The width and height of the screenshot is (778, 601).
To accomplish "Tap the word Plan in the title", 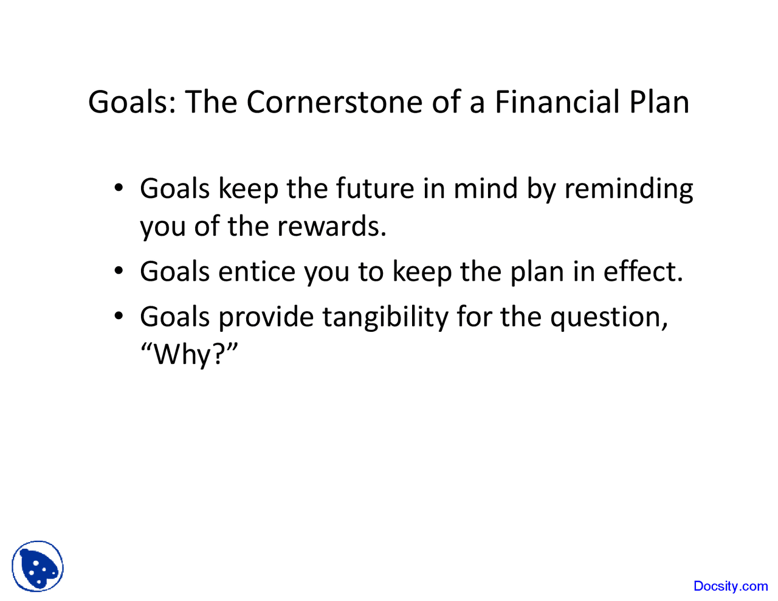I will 659,101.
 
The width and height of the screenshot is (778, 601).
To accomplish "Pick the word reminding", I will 628,190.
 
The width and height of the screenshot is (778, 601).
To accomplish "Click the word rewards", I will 331,227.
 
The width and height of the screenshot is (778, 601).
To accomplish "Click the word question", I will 608,317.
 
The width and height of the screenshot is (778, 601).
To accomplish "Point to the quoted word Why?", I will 189,354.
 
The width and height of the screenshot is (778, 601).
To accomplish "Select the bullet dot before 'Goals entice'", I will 119,270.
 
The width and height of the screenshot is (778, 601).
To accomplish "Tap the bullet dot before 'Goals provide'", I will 119,315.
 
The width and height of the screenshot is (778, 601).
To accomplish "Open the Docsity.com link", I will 731,586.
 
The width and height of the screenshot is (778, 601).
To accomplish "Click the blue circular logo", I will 38,566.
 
